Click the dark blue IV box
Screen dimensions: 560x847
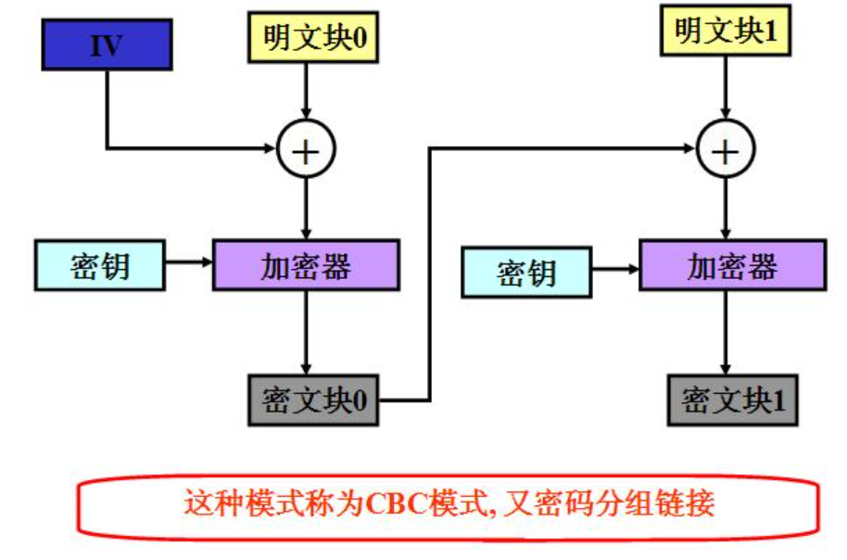click(107, 45)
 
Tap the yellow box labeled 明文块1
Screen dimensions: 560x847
click(725, 32)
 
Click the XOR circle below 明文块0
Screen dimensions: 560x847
click(307, 148)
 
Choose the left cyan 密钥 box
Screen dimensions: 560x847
click(100, 266)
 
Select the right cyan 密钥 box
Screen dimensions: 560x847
click(526, 272)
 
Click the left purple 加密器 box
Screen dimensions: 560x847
click(307, 266)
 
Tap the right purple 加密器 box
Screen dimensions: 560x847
click(731, 266)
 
